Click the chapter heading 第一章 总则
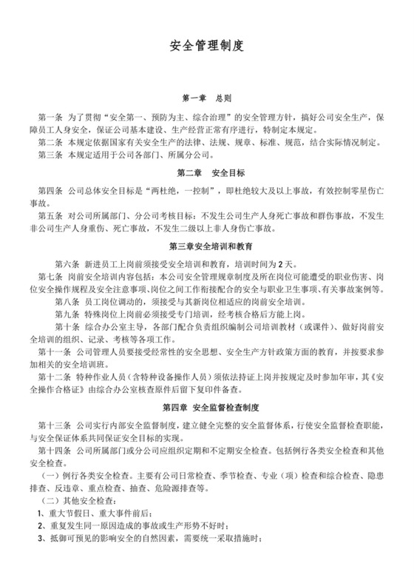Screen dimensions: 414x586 (x=207, y=98)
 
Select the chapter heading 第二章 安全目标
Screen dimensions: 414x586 (x=206, y=173)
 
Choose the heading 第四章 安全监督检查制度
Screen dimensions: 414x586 (x=206, y=408)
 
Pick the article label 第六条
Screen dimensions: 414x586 (x=67, y=264)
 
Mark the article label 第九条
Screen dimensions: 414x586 (x=67, y=314)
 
